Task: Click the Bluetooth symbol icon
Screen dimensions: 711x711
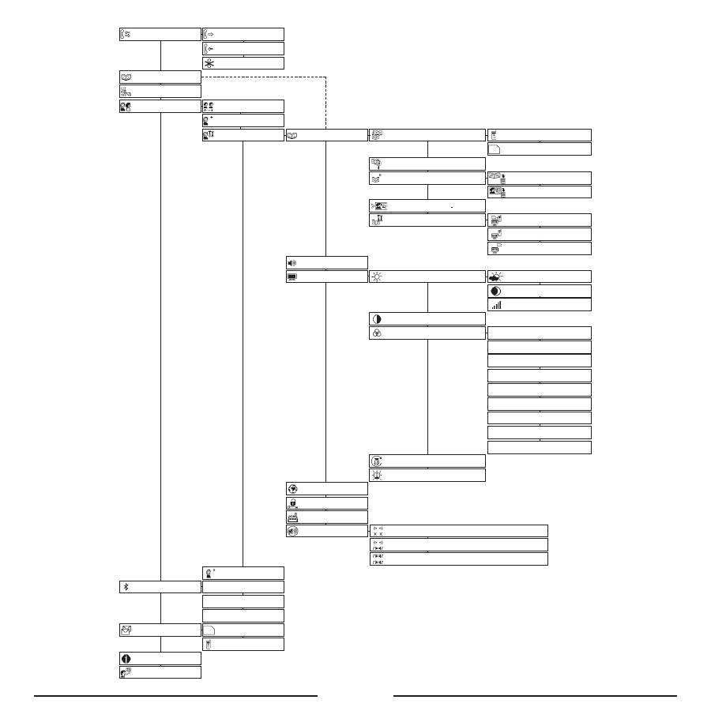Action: pyautogui.click(x=126, y=587)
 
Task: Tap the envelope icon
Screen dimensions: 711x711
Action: pyautogui.click(x=126, y=630)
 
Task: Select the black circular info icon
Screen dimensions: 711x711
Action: pyautogui.click(x=125, y=658)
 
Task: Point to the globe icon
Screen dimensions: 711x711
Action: pyautogui.click(x=292, y=488)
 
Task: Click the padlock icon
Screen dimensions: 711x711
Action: pyautogui.click(x=292, y=502)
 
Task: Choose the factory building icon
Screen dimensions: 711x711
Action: pyautogui.click(x=292, y=517)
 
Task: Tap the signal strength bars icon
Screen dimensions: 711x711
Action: pyautogui.click(x=496, y=305)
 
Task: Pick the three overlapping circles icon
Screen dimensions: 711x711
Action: pyautogui.click(x=376, y=333)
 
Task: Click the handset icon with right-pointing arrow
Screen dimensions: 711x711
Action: pyautogui.click(x=209, y=34)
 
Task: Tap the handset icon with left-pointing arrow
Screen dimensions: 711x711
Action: pyautogui.click(x=209, y=49)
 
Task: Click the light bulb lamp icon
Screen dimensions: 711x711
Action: pyautogui.click(x=377, y=475)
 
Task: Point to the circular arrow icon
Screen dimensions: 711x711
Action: pyautogui.click(x=377, y=461)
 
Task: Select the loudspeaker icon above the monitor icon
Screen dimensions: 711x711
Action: pyautogui.click(x=292, y=262)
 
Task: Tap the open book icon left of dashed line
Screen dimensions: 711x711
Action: pyautogui.click(x=126, y=77)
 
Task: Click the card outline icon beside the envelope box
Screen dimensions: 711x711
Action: pyautogui.click(x=209, y=630)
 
